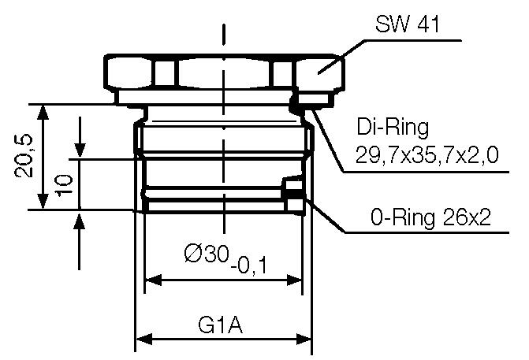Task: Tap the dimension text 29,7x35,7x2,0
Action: [x=427, y=155]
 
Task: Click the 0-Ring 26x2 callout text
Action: [x=430, y=216]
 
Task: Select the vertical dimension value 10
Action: [x=66, y=184]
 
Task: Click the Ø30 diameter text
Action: [x=206, y=254]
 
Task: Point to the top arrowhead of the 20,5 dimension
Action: [x=45, y=111]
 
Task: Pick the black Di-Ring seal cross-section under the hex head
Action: [x=296, y=101]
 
